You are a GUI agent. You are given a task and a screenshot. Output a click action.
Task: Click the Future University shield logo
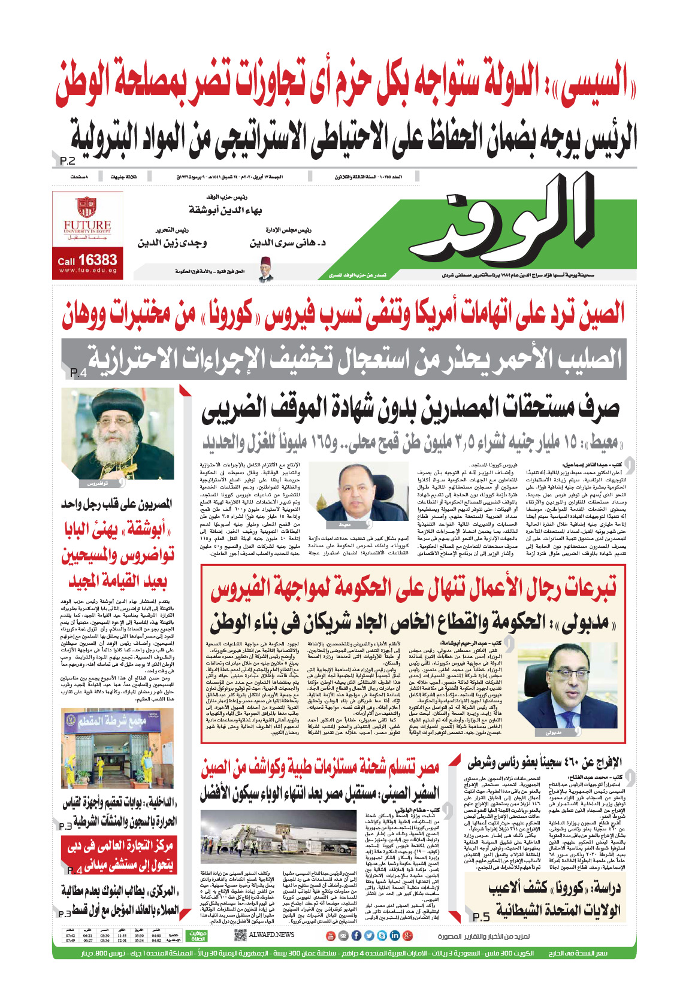pos(87,207)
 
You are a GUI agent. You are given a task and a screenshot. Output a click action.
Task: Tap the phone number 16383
pos(98,260)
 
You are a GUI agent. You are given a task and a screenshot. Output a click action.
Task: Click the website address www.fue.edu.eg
pos(87,271)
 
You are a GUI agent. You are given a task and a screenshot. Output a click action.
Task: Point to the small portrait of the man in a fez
pos(265,269)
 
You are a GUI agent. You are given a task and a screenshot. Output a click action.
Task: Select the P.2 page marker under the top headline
pos(68,161)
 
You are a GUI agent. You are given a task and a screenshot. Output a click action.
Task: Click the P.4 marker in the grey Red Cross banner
pos(78,373)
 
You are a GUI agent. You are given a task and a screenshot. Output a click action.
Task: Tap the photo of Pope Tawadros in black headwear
pos(117,433)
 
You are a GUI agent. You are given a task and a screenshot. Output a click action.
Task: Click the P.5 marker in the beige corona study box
pos(481,917)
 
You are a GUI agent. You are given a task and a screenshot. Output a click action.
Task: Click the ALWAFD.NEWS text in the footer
pos(271,935)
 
